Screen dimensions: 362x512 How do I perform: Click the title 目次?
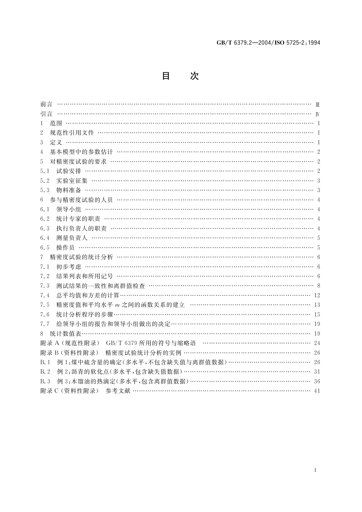click(x=180, y=76)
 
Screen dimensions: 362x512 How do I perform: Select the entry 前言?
click(x=46, y=104)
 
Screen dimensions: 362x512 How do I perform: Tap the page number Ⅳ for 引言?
click(x=317, y=114)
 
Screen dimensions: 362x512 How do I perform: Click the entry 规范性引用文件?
click(x=72, y=133)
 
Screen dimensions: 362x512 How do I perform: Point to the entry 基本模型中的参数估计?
click(x=81, y=152)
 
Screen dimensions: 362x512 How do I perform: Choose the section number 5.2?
click(x=45, y=181)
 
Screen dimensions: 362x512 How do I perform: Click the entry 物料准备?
click(x=69, y=190)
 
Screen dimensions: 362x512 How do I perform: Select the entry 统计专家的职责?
click(x=78, y=219)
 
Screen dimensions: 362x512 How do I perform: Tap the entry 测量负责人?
click(x=72, y=238)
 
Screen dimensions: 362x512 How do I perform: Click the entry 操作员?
click(x=65, y=247)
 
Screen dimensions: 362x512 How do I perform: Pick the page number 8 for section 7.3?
click(x=319, y=286)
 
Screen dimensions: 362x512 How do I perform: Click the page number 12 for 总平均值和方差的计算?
click(x=317, y=295)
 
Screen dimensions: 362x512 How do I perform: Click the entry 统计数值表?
click(x=65, y=334)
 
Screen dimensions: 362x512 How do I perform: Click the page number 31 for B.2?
click(x=317, y=372)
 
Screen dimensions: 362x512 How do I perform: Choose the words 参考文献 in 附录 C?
click(x=118, y=391)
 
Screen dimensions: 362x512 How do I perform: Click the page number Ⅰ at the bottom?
click(x=315, y=470)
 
